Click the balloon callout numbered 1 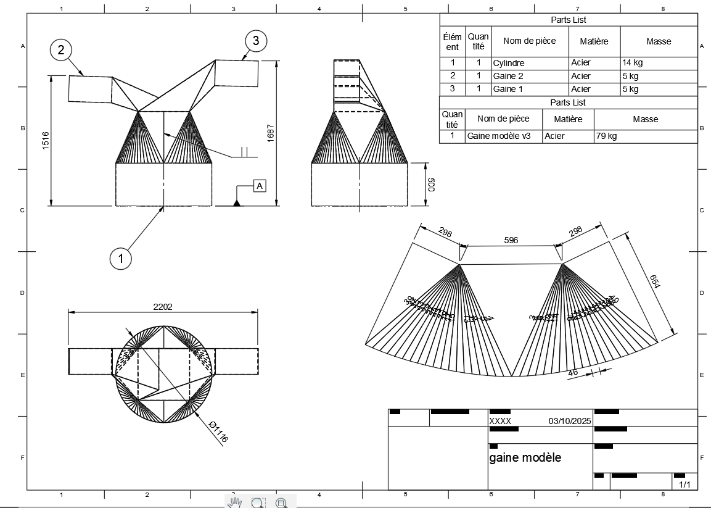click(121, 259)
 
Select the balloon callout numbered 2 click(61, 50)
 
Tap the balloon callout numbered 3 click(256, 41)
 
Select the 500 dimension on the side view click(431, 185)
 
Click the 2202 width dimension click(162, 306)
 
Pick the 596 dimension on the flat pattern click(511, 240)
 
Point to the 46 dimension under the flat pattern click(573, 373)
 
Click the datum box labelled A click(260, 185)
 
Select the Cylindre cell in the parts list click(509, 63)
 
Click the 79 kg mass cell click(606, 136)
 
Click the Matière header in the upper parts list click(594, 41)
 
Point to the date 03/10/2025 click(569, 421)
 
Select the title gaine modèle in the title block click(525, 457)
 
